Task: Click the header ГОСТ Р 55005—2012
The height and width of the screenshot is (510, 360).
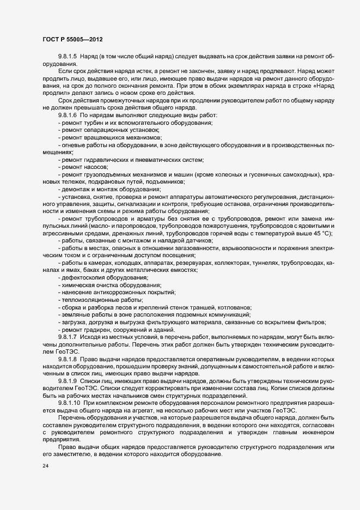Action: coord(72,40)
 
